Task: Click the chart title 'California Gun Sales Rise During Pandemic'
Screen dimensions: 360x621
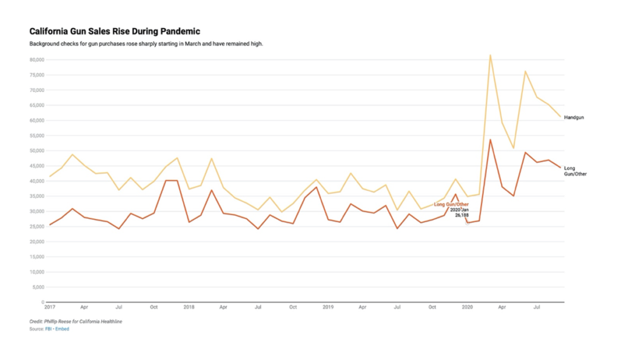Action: tap(115, 31)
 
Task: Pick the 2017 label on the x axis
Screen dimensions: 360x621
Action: tap(49, 307)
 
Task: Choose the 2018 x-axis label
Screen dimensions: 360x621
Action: tap(189, 307)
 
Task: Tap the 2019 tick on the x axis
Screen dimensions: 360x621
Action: tap(328, 307)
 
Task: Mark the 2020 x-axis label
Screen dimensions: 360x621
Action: tap(468, 307)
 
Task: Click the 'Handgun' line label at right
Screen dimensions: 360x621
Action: tap(574, 117)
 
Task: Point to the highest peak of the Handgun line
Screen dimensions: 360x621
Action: tap(490, 55)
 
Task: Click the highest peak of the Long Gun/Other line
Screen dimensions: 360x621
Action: tap(490, 140)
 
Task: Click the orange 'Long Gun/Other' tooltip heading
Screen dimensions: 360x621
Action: tap(451, 204)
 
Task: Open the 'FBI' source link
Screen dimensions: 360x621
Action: tap(49, 329)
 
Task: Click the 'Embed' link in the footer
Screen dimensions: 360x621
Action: tap(62, 329)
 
